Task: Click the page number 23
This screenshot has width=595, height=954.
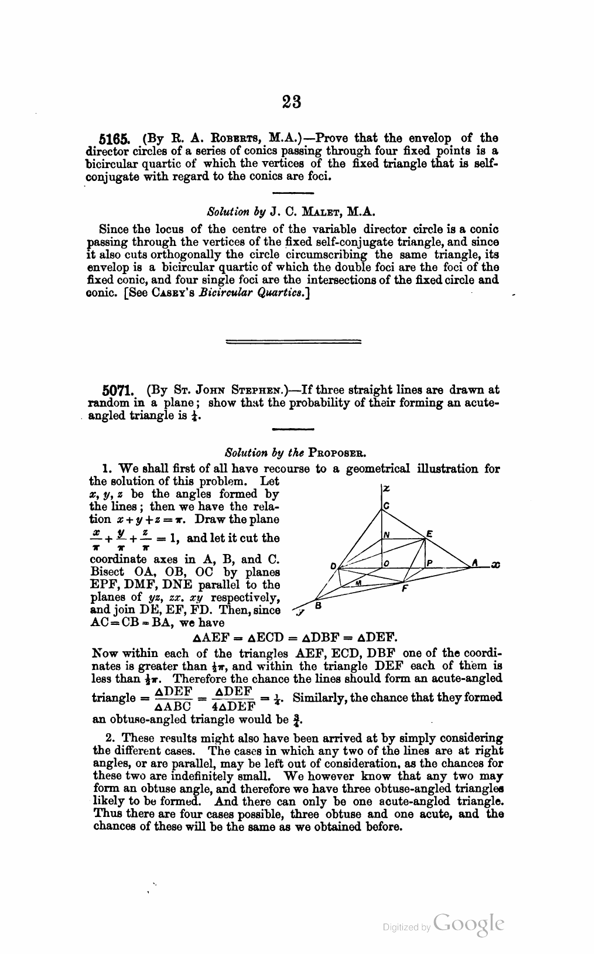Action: coord(292,102)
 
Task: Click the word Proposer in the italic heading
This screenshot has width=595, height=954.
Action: coord(326,453)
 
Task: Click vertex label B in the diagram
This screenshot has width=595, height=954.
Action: coord(318,605)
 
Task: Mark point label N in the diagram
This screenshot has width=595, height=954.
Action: coord(387,534)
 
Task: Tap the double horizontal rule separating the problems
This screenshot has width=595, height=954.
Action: coord(293,340)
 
